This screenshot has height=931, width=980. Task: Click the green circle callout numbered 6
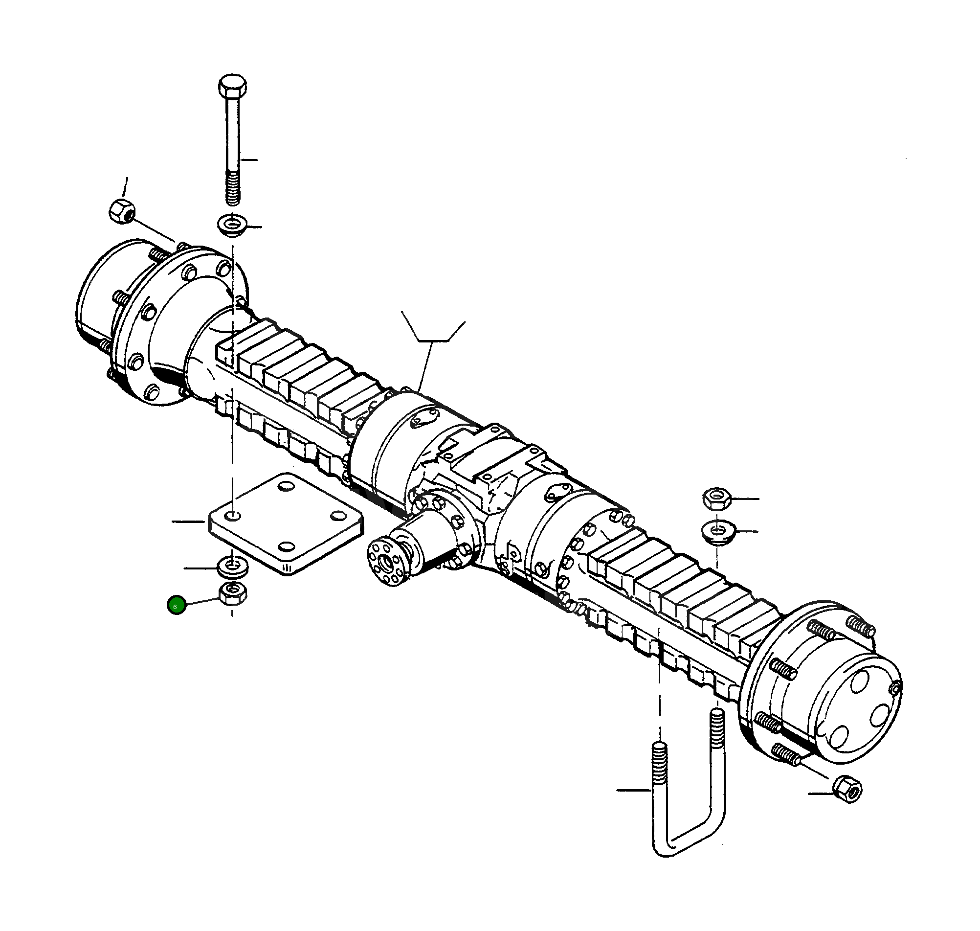click(177, 606)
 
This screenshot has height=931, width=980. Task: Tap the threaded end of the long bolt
click(233, 187)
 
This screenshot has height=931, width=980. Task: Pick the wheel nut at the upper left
click(121, 211)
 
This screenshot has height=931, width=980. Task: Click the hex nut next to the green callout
click(232, 593)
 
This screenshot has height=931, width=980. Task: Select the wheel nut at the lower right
click(847, 789)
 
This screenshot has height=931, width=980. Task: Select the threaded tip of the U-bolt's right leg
click(717, 724)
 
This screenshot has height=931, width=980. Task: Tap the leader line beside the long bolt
click(249, 160)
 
